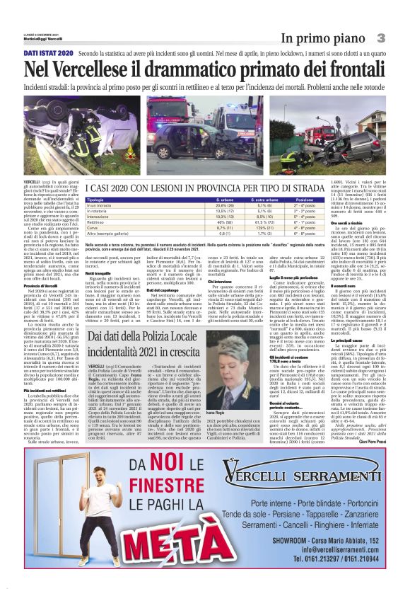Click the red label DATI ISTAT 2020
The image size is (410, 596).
[49, 54]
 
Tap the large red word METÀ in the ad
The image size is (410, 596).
[127, 552]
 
